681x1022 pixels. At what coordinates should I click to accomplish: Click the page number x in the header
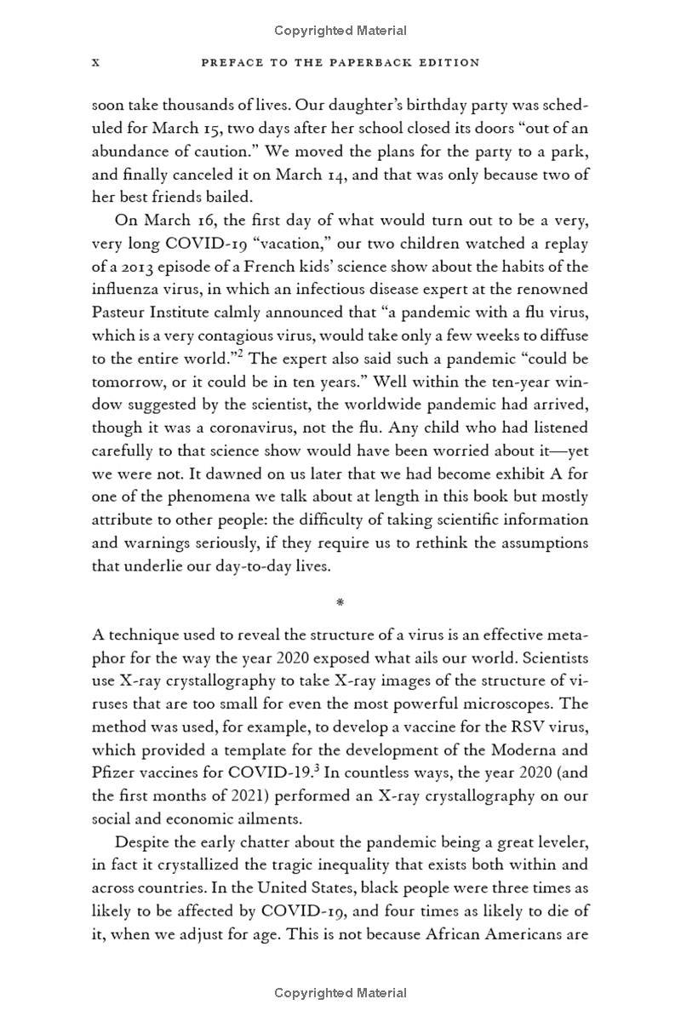click(96, 62)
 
